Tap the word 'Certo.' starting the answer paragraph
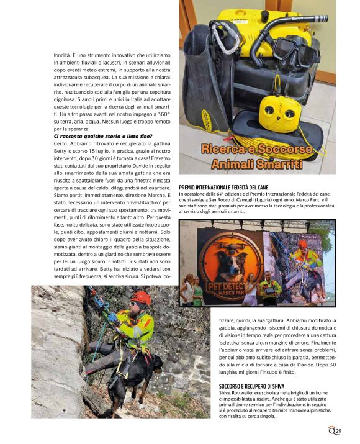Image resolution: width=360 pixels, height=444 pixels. pos(63,143)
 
